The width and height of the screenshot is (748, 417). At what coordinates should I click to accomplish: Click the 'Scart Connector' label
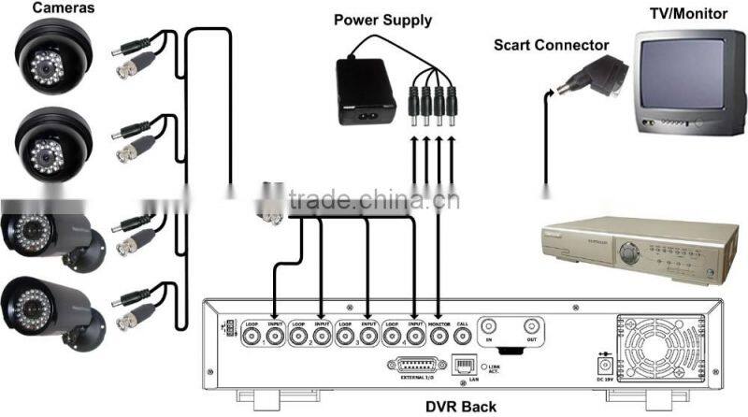pos(552,45)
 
